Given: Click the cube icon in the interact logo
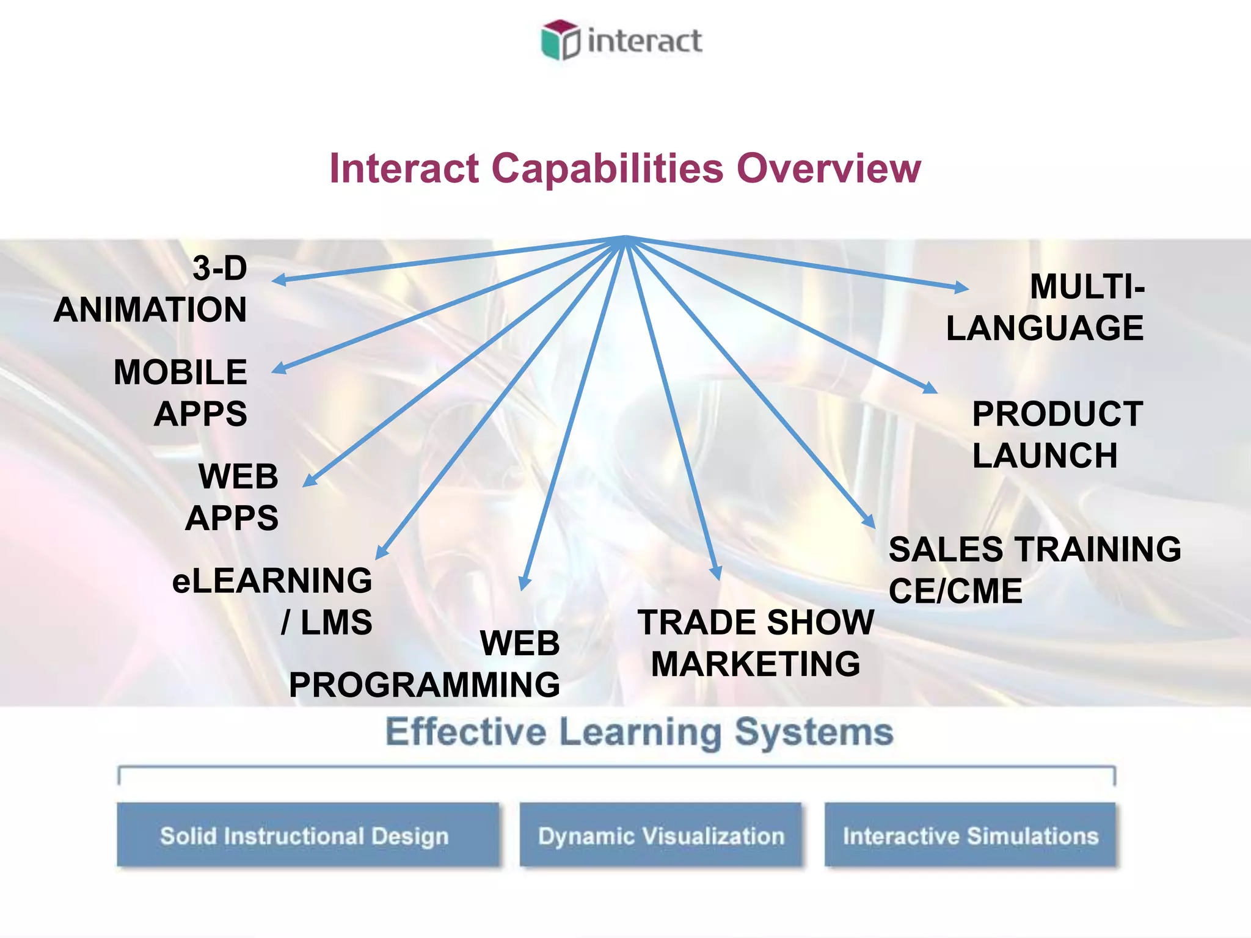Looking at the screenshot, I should pyautogui.click(x=560, y=40).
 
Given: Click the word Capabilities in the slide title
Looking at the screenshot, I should pyautogui.click(x=607, y=169).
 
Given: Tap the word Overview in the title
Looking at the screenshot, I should pyautogui.click(x=828, y=169).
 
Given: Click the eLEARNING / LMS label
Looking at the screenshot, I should pyautogui.click(x=273, y=601).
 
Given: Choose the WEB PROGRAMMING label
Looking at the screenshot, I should pyautogui.click(x=425, y=664).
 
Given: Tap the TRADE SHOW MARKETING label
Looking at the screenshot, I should pyautogui.click(x=756, y=643).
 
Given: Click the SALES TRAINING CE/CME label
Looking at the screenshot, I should pyautogui.click(x=1034, y=570).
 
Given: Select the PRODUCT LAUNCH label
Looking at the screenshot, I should pyautogui.click(x=1057, y=435).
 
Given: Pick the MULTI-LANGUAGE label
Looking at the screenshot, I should pyautogui.click(x=1046, y=307).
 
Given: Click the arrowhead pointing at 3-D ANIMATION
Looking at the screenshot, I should pyautogui.click(x=278, y=280).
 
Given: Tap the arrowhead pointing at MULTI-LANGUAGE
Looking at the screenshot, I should pyautogui.click(x=962, y=287).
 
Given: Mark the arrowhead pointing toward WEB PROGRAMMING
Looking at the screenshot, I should pyautogui.click(x=523, y=583).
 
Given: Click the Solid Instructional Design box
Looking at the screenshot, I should pyautogui.click(x=308, y=835).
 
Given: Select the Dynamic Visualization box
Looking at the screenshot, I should pyautogui.click(x=660, y=835).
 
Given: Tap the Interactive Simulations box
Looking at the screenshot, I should pyautogui.click(x=970, y=835).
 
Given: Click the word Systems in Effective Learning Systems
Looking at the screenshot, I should pyautogui.click(x=813, y=732).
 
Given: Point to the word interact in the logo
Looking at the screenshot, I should pyautogui.click(x=644, y=42).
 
